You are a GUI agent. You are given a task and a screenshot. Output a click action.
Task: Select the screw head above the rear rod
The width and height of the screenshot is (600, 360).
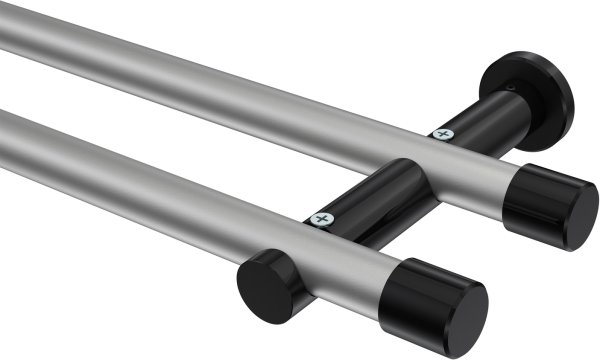click(x=442, y=132)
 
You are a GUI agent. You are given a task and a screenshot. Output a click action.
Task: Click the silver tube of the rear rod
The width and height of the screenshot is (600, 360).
click(x=250, y=90)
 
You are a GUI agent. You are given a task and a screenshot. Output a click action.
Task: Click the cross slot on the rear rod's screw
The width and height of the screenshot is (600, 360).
click(x=442, y=132)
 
